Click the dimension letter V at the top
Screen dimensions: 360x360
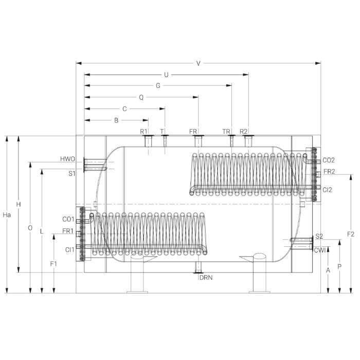pyautogui.click(x=198, y=63)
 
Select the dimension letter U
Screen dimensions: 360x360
pyautogui.click(x=166, y=75)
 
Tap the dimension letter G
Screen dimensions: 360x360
pyautogui.click(x=158, y=86)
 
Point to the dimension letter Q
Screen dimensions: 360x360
pyautogui.click(x=141, y=97)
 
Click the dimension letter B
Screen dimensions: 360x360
pyautogui.click(x=116, y=120)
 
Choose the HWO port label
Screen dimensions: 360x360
pyautogui.click(x=67, y=159)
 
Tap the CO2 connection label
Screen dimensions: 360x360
pyautogui.click(x=329, y=160)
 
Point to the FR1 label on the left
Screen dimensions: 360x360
pyautogui.click(x=68, y=231)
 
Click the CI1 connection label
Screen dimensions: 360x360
pyautogui.click(x=69, y=249)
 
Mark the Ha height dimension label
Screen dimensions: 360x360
pyautogui.click(x=6, y=214)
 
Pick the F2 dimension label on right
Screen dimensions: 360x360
pyautogui.click(x=351, y=234)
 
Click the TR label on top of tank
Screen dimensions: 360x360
pyautogui.click(x=226, y=132)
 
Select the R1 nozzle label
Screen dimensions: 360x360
pyautogui.click(x=143, y=132)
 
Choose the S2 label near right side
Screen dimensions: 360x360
pyautogui.click(x=319, y=236)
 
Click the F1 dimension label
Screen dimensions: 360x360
pyautogui.click(x=53, y=263)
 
